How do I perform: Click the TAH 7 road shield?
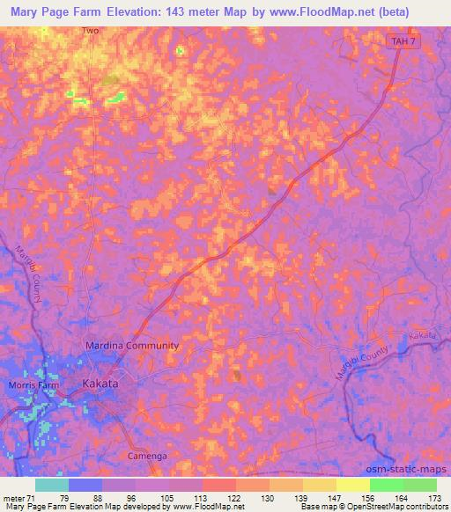(401, 41)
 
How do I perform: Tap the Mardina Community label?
(131, 346)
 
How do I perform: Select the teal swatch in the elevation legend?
(52, 485)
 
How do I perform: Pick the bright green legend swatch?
(386, 485)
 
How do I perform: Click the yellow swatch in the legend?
(352, 485)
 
